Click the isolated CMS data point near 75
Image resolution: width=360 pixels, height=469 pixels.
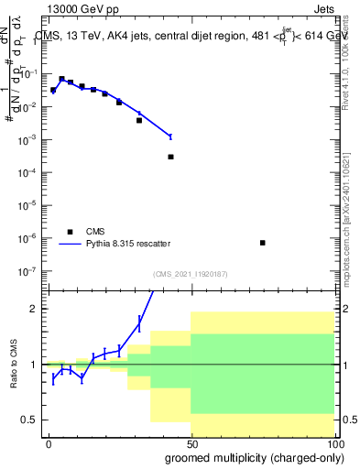(263, 243)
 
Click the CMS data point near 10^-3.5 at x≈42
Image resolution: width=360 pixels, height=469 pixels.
(170, 157)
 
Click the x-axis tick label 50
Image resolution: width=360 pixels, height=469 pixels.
(191, 443)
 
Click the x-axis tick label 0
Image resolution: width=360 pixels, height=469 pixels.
(48, 443)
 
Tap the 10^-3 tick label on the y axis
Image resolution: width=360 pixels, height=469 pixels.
(27, 139)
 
